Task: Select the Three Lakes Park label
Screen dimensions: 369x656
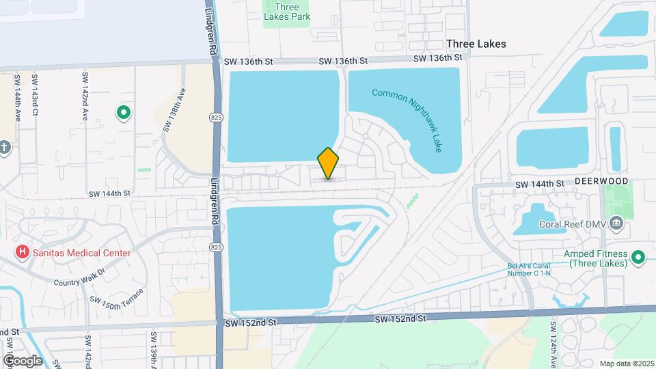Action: [287, 12]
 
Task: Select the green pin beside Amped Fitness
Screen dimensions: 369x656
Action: [638, 258]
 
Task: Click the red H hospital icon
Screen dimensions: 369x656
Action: [23, 253]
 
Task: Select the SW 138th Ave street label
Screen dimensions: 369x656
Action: [174, 109]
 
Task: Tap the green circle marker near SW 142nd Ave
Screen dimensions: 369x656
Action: [124, 112]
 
